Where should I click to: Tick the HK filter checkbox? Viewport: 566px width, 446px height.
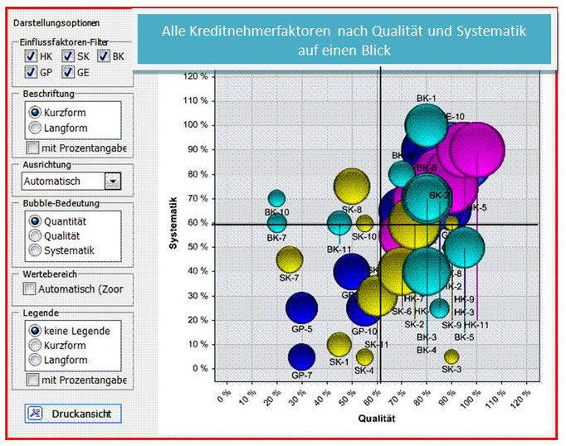[31, 56]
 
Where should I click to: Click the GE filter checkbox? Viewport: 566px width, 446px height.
[68, 72]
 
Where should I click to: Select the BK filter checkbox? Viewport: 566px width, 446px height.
[104, 56]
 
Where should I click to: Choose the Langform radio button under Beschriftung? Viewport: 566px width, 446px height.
[35, 128]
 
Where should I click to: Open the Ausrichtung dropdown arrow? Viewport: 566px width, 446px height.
[113, 181]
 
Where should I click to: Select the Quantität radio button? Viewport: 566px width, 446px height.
[35, 221]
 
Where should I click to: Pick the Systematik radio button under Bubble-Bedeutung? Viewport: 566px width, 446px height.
[35, 250]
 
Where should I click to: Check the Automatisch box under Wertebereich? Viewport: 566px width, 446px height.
[30, 289]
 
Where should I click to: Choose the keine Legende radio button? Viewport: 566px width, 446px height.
[35, 331]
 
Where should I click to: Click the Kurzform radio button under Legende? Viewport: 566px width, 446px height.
[35, 345]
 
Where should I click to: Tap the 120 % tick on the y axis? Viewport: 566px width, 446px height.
[195, 76]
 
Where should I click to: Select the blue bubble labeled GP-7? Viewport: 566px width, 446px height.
[302, 356]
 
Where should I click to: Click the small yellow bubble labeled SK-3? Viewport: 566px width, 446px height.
[451, 356]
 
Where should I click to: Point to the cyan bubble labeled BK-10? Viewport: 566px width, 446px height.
[276, 199]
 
